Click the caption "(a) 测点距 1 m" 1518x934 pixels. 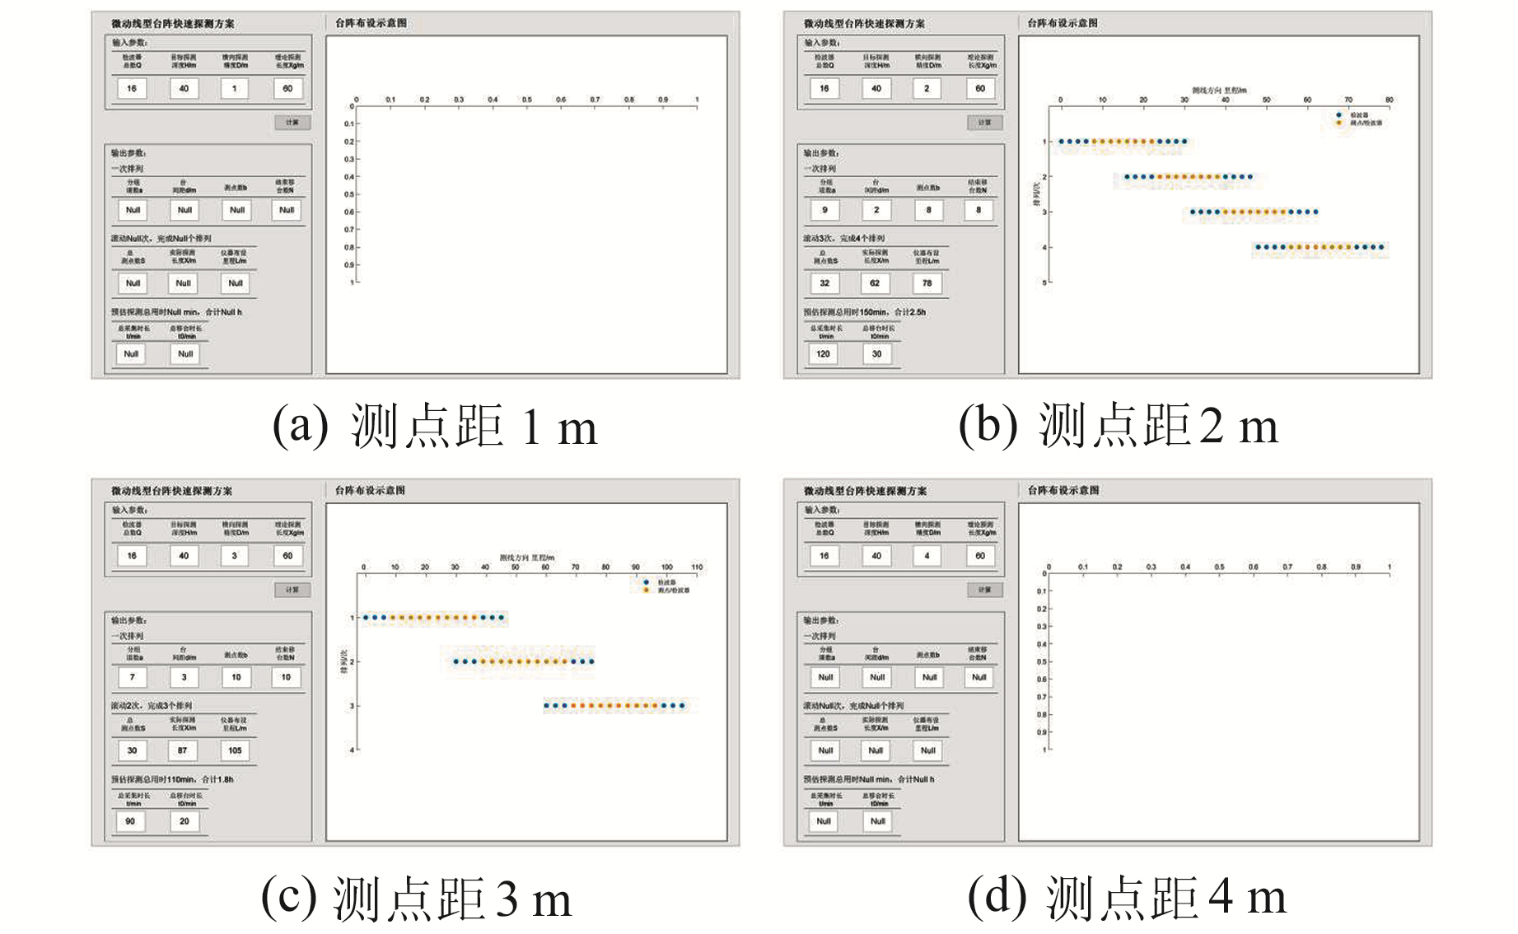tap(434, 427)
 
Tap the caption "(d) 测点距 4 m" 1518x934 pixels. tap(1126, 897)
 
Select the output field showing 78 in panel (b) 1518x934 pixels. tap(927, 283)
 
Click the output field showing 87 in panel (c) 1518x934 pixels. tap(183, 750)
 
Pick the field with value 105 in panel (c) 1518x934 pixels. tap(235, 750)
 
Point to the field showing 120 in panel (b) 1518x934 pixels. tap(824, 354)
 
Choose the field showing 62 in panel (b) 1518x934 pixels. tap(875, 283)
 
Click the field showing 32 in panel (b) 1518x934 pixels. tap(824, 283)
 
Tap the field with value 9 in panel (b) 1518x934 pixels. tap(824, 210)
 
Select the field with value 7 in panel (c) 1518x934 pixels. tap(132, 677)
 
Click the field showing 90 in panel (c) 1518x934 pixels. tap(131, 821)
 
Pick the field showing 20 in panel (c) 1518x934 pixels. tap(184, 821)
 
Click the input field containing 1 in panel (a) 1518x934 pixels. tap(235, 88)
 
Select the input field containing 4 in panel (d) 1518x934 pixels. tap(927, 556)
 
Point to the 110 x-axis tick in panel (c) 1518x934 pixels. tap(697, 567)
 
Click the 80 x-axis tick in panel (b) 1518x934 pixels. tap(1389, 100)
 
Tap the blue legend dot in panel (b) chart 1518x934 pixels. tap(1338, 115)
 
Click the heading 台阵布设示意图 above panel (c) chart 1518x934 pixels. tap(370, 491)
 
